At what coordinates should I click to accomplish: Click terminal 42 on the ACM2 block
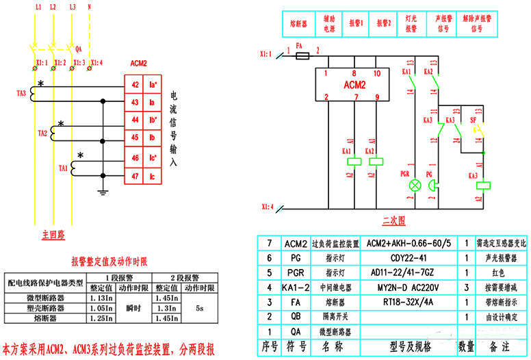[135, 85]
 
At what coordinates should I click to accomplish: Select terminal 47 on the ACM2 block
[135, 177]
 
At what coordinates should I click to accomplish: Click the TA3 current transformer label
[21, 93]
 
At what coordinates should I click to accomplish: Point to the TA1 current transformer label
[63, 167]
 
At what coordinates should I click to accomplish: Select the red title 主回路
[53, 235]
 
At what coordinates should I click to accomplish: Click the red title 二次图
[393, 220]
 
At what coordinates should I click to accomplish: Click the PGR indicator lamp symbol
[413, 185]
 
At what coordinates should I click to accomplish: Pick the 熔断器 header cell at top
[299, 23]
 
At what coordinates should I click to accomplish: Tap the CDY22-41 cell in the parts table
[409, 257]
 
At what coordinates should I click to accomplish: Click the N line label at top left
[91, 6]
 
